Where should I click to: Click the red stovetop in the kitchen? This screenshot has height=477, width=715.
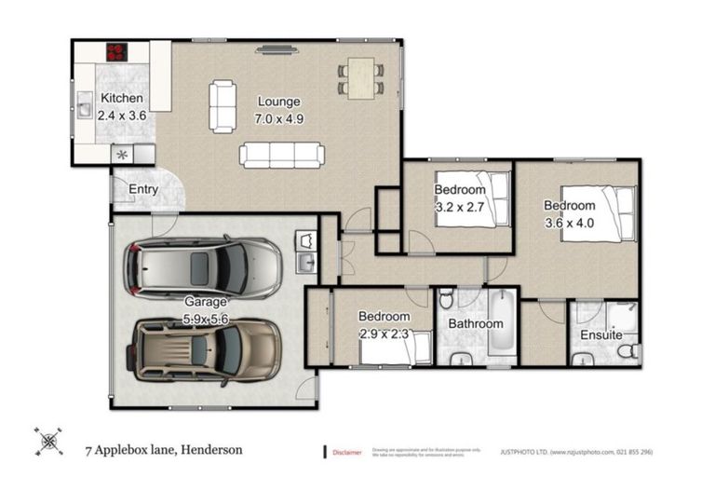(x=118, y=51)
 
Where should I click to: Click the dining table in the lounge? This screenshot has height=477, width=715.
(x=359, y=76)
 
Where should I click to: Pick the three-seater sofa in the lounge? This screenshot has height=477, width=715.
(x=281, y=155)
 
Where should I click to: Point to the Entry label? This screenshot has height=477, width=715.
(x=143, y=189)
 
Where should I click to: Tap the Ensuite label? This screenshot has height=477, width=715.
(x=600, y=334)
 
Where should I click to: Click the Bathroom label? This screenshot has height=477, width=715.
(x=475, y=323)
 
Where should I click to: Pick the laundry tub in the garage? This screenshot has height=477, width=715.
(x=306, y=252)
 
